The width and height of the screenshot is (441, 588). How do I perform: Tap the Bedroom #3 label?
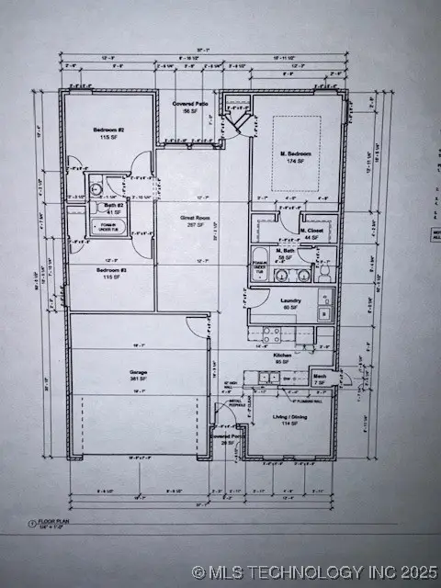(111, 270)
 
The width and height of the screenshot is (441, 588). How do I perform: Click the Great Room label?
(194, 218)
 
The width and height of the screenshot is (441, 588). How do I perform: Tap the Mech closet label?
(320, 378)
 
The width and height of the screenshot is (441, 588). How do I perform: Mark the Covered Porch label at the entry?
(227, 438)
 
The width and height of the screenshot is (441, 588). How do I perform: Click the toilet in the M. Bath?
(323, 273)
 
